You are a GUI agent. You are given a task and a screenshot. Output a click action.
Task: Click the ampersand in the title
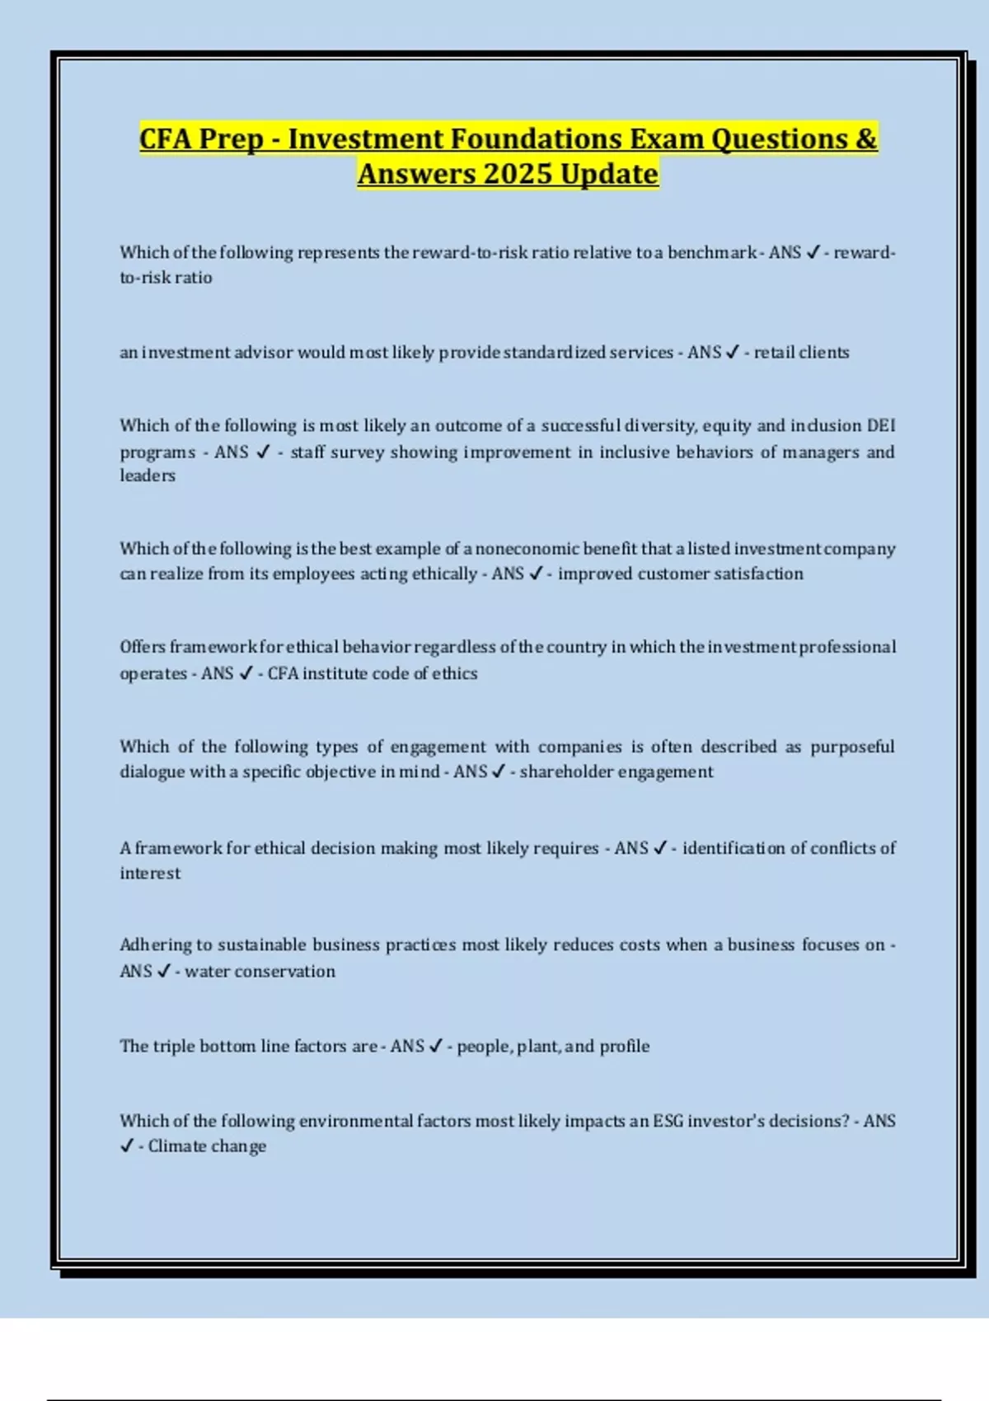tap(865, 138)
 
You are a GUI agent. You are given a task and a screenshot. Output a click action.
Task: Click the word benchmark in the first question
tap(711, 252)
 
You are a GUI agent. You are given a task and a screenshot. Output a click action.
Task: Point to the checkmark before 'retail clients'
tap(732, 353)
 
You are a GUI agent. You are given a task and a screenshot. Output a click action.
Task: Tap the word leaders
tap(148, 476)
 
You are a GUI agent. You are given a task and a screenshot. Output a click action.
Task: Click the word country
tap(576, 647)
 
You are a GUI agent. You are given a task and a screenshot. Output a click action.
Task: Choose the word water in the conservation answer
tap(204, 972)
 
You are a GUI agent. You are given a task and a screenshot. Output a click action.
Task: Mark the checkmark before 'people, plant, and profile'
tap(436, 1046)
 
